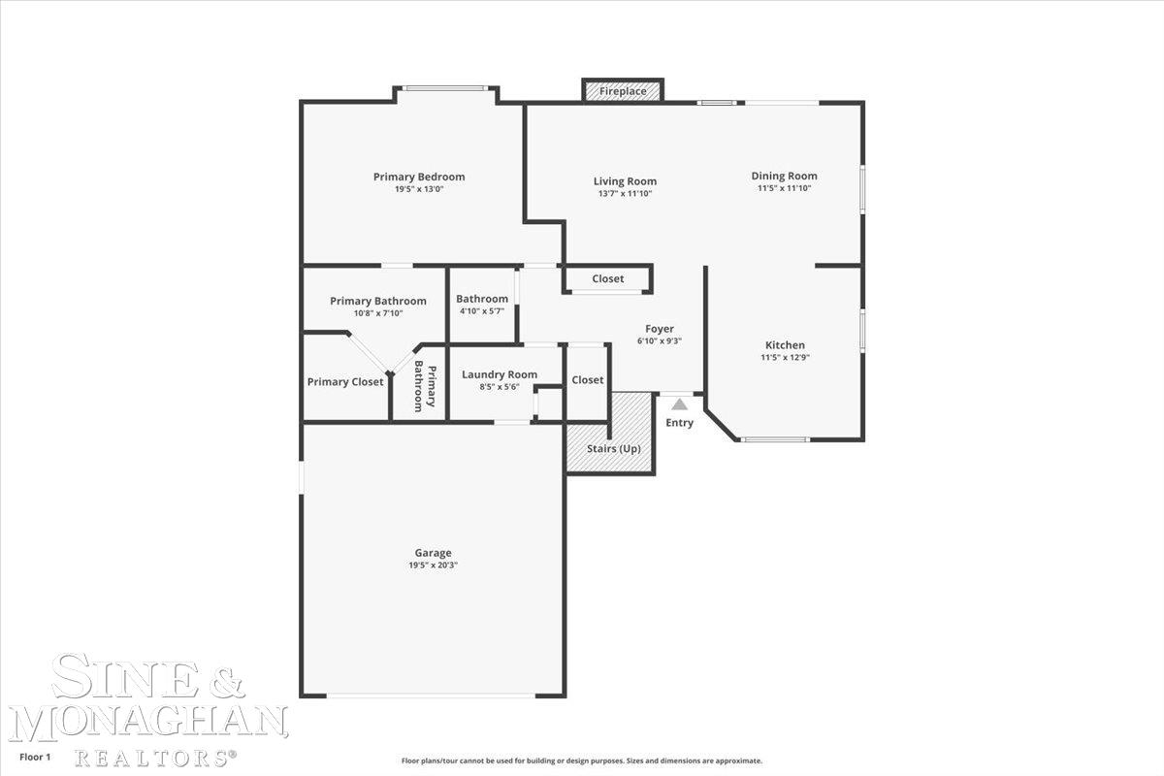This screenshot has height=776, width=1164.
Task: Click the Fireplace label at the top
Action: (x=623, y=91)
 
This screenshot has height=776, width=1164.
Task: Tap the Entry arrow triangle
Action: (x=679, y=404)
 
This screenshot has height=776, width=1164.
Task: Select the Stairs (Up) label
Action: (x=614, y=448)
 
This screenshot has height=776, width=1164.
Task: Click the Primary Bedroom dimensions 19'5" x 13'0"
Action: (x=419, y=189)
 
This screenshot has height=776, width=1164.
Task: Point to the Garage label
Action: (x=433, y=553)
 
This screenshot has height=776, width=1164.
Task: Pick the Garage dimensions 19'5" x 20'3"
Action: (x=433, y=566)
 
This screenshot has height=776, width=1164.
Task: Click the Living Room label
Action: (x=625, y=181)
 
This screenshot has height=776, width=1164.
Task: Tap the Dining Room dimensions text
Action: (x=784, y=188)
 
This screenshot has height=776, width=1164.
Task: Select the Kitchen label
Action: (x=785, y=345)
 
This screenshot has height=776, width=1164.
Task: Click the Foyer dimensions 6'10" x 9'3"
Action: (x=660, y=341)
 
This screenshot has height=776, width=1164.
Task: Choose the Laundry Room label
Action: (x=500, y=374)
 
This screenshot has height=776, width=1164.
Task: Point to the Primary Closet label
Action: (x=345, y=382)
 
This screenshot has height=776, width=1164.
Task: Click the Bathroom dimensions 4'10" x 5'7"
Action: (x=482, y=311)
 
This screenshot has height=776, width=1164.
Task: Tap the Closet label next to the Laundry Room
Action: (x=588, y=380)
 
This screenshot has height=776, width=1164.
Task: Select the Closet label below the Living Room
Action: (x=608, y=278)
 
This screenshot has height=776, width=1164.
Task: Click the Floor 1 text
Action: (x=35, y=757)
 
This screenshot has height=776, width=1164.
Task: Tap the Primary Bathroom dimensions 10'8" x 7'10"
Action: (x=378, y=313)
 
